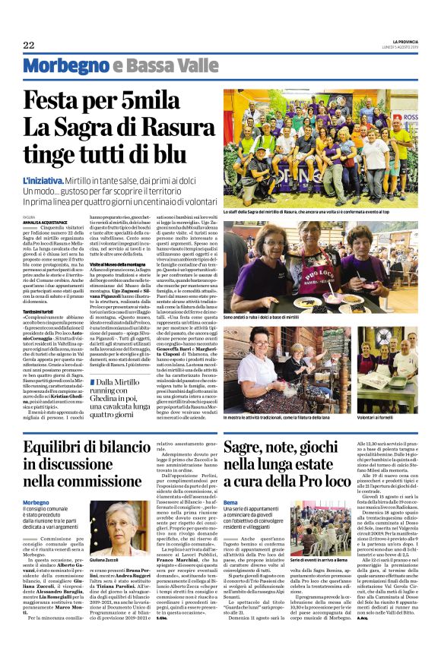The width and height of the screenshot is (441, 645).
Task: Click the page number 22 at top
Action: [x=29, y=44]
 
